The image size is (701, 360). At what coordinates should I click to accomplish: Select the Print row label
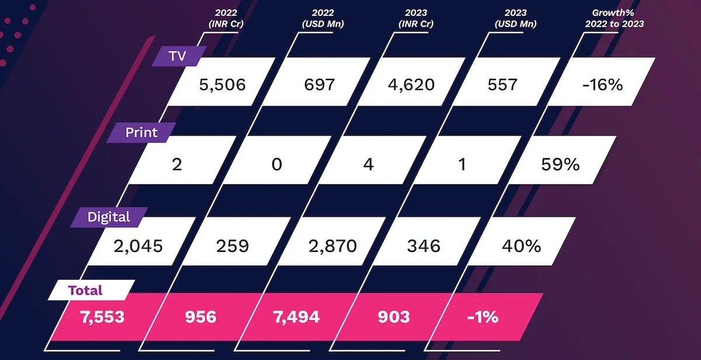pyautogui.click(x=141, y=133)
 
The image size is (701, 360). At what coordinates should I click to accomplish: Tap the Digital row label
pyautogui.click(x=109, y=217)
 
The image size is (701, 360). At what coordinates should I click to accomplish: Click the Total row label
pyautogui.click(x=85, y=290)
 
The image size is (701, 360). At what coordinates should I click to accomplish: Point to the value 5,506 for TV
pyautogui.click(x=223, y=84)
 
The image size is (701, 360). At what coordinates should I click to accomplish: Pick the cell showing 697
pyautogui.click(x=320, y=84)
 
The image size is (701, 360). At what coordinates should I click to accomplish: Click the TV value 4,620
pyautogui.click(x=411, y=84)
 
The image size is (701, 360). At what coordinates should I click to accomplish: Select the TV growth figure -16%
pyautogui.click(x=603, y=84)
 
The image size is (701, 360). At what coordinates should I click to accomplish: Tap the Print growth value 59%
pyautogui.click(x=560, y=164)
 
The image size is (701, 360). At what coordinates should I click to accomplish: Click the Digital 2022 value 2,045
pyautogui.click(x=139, y=245)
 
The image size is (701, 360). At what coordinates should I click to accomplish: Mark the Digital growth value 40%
pyautogui.click(x=521, y=245)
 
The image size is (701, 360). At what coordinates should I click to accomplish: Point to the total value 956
pyautogui.click(x=200, y=317)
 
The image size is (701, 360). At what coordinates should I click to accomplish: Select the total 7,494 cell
pyautogui.click(x=296, y=317)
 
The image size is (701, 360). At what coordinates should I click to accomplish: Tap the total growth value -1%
pyautogui.click(x=483, y=317)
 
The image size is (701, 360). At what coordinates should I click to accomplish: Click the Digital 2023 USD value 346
pyautogui.click(x=424, y=245)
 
